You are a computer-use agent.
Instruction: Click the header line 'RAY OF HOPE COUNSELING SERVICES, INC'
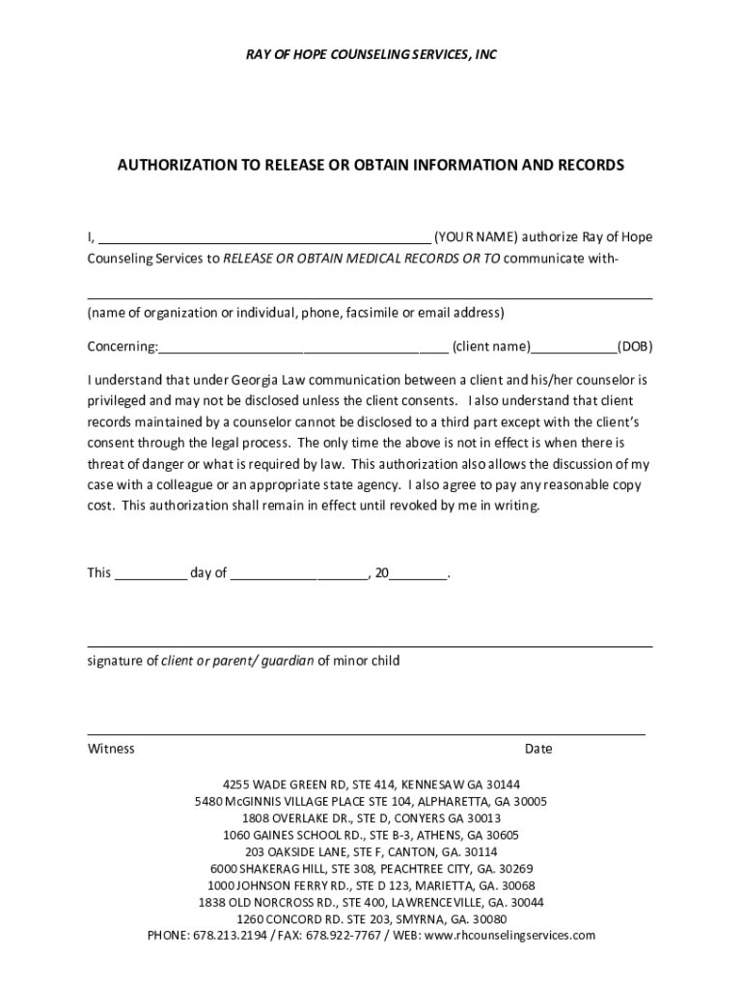[x=371, y=56]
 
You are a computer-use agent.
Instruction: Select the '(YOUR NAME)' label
[x=476, y=236]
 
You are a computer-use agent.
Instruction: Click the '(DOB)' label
[x=635, y=345]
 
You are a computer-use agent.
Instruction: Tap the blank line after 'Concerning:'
[x=303, y=349]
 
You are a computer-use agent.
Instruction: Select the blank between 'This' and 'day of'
[x=151, y=577]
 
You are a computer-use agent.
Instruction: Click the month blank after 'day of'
[x=299, y=577]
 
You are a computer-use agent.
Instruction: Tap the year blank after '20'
[x=419, y=577]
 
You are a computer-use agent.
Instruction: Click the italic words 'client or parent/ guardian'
[x=237, y=661]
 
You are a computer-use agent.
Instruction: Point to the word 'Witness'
[x=112, y=749]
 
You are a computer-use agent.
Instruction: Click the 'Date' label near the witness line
[x=538, y=749]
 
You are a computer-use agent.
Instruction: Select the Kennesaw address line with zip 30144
[x=371, y=783]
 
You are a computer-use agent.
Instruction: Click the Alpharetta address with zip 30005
[x=371, y=801]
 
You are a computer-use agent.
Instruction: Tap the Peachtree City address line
[x=371, y=868]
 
